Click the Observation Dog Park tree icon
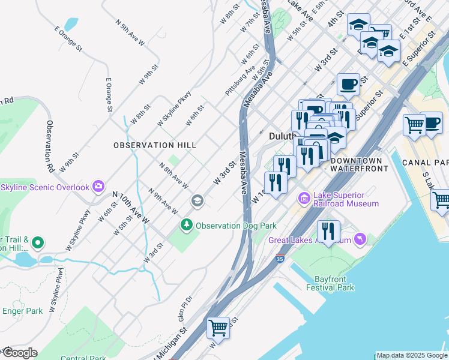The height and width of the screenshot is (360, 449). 187,225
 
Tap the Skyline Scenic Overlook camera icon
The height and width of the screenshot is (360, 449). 98,187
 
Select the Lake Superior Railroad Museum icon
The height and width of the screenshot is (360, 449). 304,197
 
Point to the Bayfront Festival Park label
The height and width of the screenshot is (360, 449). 330,283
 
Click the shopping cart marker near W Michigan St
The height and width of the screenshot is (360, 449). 218,328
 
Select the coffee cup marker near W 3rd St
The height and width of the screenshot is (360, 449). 348,85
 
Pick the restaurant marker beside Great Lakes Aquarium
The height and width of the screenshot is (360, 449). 328,232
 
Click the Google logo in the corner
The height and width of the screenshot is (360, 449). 19,353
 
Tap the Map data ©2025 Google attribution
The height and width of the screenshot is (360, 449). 412,355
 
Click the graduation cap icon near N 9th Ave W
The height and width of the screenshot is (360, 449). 196,201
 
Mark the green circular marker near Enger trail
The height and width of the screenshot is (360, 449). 37,242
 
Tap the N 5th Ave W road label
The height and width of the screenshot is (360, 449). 131,34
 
